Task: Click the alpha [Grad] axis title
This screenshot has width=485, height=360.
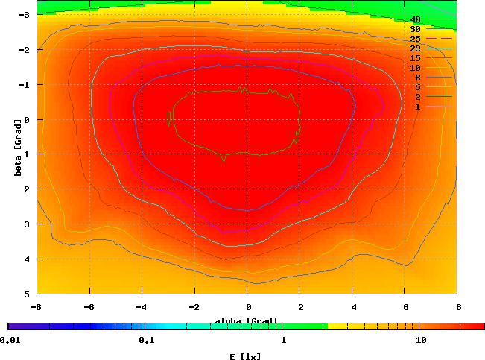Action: pos(246,321)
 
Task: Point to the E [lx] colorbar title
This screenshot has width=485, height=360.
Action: pos(246,356)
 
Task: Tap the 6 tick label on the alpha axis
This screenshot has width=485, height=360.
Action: pos(406,306)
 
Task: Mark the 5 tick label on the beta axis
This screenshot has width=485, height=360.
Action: pos(25,294)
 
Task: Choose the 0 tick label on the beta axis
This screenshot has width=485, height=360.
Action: pos(25,119)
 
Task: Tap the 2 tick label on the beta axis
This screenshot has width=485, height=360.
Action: pos(25,189)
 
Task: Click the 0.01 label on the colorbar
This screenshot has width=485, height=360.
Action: pos(10,340)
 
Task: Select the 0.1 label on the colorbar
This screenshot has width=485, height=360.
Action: pos(146,340)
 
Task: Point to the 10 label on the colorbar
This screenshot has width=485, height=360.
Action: pos(421,340)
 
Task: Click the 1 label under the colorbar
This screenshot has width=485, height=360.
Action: pos(284,340)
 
